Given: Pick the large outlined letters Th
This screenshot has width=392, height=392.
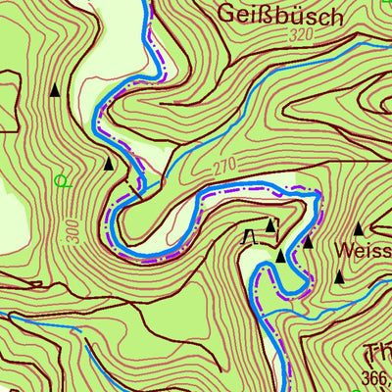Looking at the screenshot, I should pos(378,353).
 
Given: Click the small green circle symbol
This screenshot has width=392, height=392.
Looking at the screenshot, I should pos(63,180).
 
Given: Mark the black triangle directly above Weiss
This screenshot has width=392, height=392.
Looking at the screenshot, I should pos(359,228).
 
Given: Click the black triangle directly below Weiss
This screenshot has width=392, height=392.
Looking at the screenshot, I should pos(340,276).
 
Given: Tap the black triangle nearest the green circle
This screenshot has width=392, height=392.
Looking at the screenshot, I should pos(108,163).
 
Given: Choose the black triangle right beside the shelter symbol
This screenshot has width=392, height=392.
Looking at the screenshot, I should pos(270,225).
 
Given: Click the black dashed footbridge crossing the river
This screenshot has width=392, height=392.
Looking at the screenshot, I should pos(134,187).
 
